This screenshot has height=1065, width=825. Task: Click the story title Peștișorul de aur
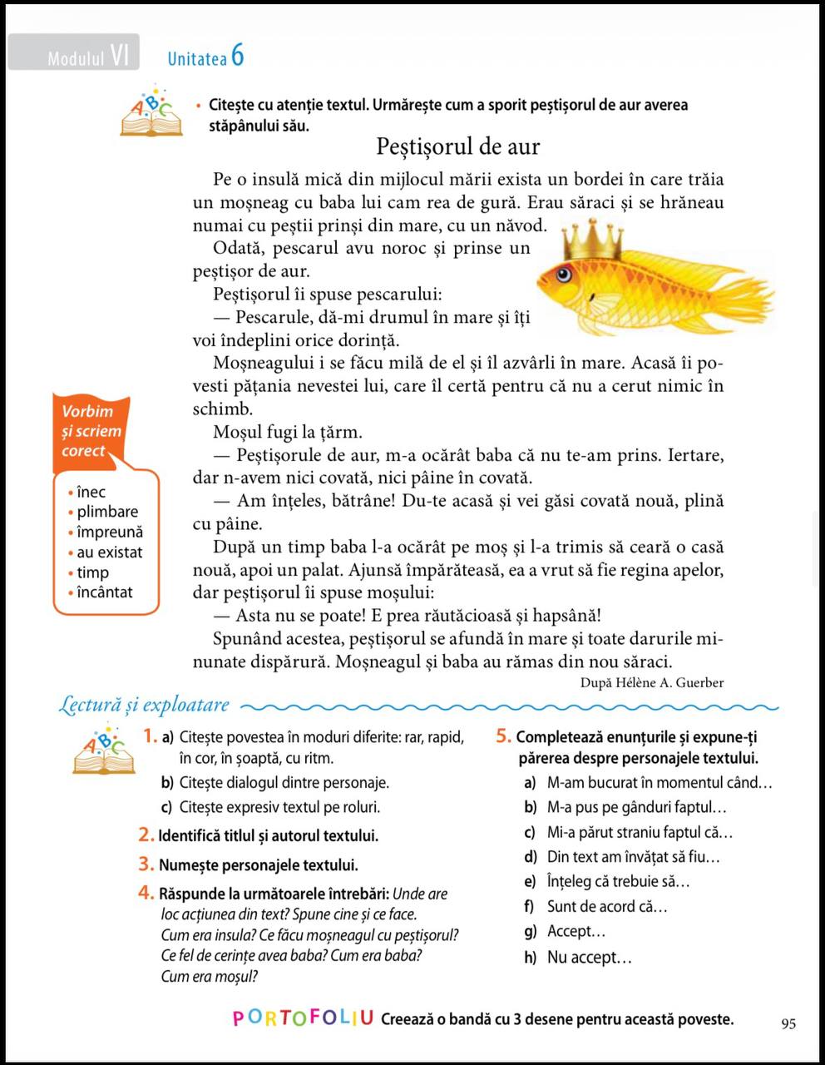click(458, 147)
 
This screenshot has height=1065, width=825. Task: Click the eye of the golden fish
click(564, 273)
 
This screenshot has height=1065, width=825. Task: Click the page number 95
click(788, 1023)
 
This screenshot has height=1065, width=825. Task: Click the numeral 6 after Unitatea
click(238, 56)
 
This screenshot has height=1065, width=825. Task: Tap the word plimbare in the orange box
click(107, 512)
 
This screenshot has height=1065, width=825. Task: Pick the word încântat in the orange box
click(104, 592)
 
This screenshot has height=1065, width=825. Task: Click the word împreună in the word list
click(109, 532)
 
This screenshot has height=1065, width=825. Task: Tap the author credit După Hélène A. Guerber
click(652, 682)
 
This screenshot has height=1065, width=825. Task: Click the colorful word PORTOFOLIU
click(303, 1018)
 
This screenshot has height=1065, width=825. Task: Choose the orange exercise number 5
click(503, 736)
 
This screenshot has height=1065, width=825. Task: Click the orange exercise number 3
click(146, 864)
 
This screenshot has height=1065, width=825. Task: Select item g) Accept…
click(566, 931)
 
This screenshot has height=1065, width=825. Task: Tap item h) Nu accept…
click(578, 957)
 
